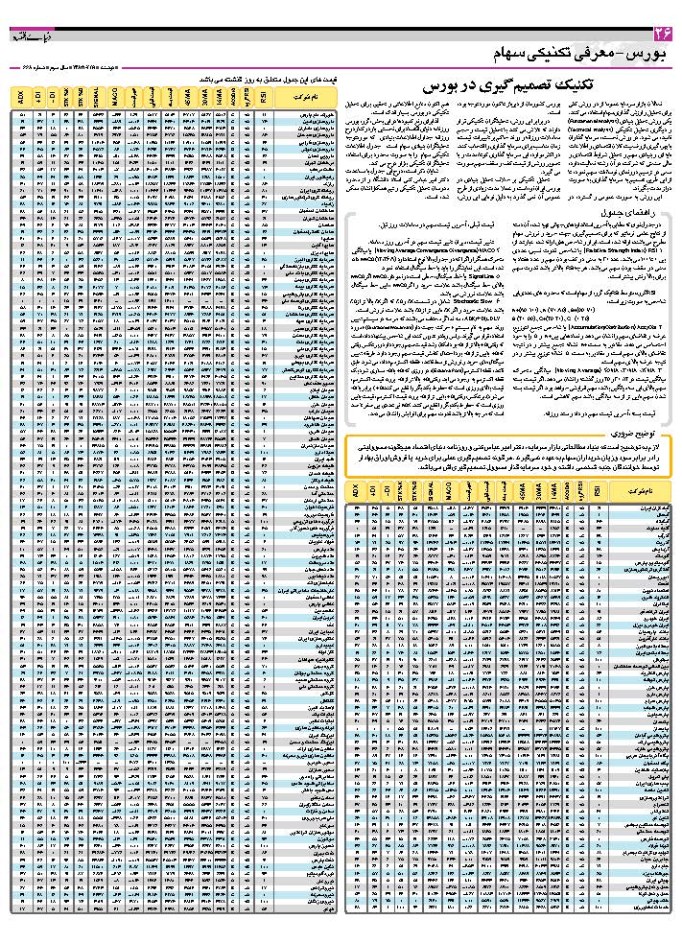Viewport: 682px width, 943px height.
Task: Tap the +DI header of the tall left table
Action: pyautogui.click(x=37, y=98)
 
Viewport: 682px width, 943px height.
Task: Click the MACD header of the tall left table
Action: pyautogui.click(x=113, y=98)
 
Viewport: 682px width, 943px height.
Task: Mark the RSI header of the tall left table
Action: pyautogui.click(x=265, y=98)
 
